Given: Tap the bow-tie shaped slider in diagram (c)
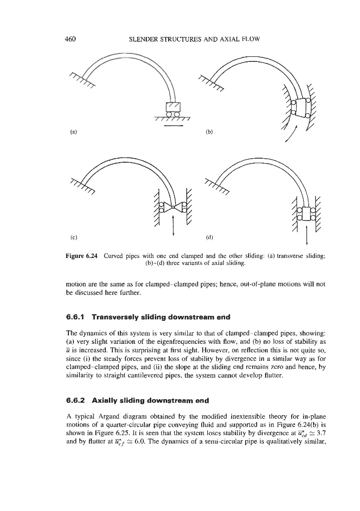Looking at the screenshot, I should tap(173, 208).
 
